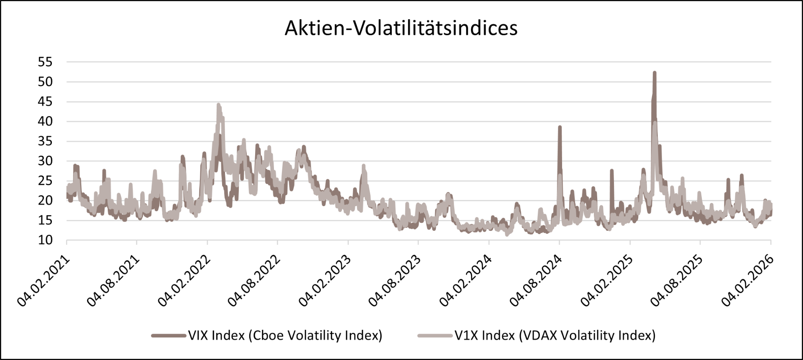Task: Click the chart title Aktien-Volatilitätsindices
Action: pyautogui.click(x=401, y=28)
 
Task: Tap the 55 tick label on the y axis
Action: pyautogui.click(x=45, y=62)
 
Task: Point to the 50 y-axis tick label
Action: pyautogui.click(x=45, y=82)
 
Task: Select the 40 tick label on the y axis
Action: pyautogui.click(x=45, y=122)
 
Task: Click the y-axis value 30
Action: pyautogui.click(x=45, y=161)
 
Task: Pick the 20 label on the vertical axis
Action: pyautogui.click(x=45, y=201)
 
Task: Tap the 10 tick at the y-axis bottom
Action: pyautogui.click(x=45, y=240)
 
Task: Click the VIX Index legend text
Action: pyautogui.click(x=285, y=336)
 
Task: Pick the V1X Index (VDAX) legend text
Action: pyautogui.click(x=555, y=336)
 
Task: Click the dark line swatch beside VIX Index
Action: pyautogui.click(x=169, y=336)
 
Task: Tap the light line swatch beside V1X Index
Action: pyautogui.click(x=435, y=336)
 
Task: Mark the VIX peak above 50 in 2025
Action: pyautogui.click(x=655, y=73)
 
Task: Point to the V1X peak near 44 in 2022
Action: pyautogui.click(x=218, y=105)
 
